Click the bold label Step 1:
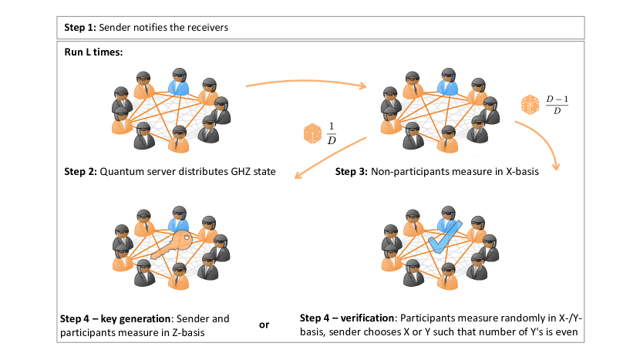point(80,28)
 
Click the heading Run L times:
point(93,52)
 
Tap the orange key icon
point(171,245)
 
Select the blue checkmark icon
point(445,237)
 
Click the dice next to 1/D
point(312,133)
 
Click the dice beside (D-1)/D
point(531,105)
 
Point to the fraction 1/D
point(332,133)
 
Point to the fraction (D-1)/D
point(557,105)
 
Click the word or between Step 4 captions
point(264,325)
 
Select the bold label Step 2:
point(80,171)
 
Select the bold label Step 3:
point(352,171)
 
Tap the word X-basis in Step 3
point(522,171)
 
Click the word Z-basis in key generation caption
point(188,333)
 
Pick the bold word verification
point(367,318)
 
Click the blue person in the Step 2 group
point(179,82)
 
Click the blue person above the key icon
point(179,220)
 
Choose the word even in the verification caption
point(566,331)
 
